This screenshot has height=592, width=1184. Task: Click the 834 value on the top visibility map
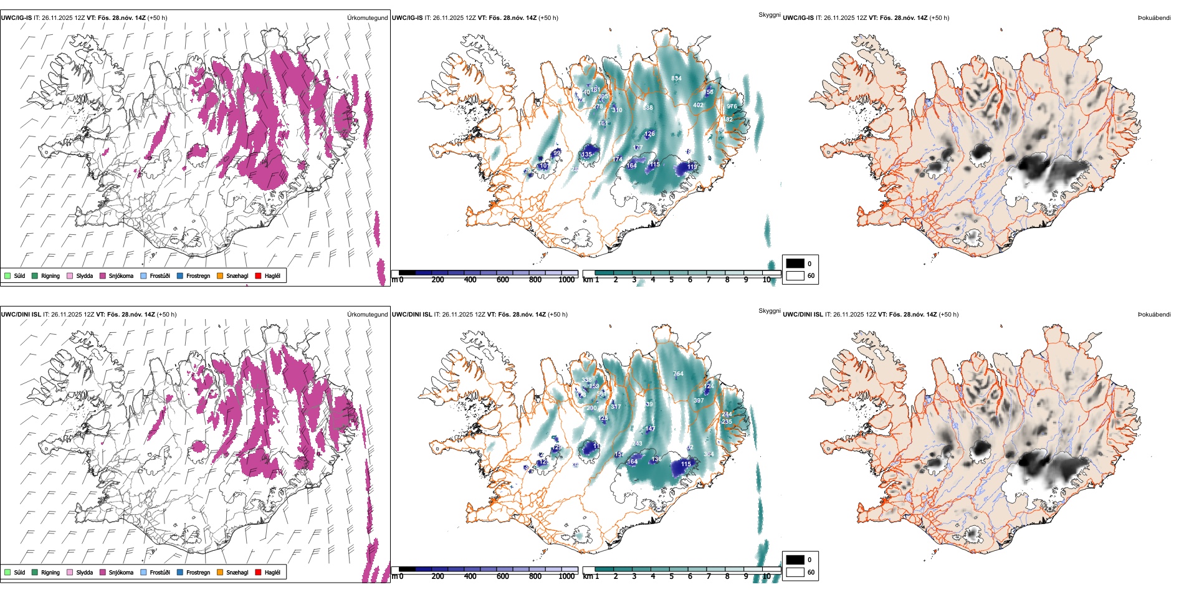[x=676, y=79]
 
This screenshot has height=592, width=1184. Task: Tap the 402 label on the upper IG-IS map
[x=698, y=105]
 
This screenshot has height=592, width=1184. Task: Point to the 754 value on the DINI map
[x=678, y=374]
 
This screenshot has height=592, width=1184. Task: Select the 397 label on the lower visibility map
[x=699, y=401]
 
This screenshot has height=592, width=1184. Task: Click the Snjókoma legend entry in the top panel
[x=121, y=276]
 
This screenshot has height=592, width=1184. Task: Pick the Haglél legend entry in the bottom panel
[x=272, y=573]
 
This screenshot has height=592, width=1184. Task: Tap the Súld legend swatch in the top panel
[x=7, y=276]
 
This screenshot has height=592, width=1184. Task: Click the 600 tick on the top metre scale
[x=502, y=280]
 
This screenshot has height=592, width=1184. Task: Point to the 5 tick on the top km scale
[x=671, y=280]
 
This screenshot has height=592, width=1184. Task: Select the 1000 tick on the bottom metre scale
[x=566, y=577]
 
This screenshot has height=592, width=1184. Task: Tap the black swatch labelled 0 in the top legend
[x=795, y=264]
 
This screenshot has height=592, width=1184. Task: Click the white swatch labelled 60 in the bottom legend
[x=795, y=572]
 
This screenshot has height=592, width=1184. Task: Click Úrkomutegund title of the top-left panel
[x=367, y=18]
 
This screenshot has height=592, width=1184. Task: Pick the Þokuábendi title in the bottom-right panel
[x=1154, y=315]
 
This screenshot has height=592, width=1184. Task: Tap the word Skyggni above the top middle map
[x=769, y=14]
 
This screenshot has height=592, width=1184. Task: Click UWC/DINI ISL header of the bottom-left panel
[x=21, y=315]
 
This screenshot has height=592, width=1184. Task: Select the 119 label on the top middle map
[x=692, y=167]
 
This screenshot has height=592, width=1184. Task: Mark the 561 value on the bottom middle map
[x=601, y=394]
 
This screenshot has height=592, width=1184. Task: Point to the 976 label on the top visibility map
[x=732, y=107]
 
